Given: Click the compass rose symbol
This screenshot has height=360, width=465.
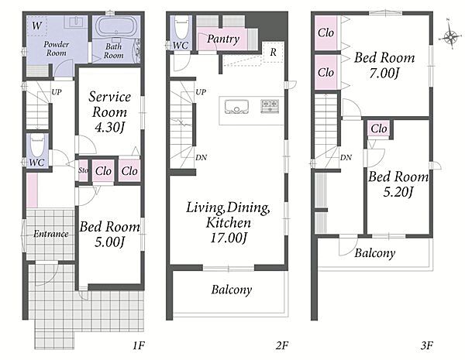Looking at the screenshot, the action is pyautogui.click(x=450, y=36).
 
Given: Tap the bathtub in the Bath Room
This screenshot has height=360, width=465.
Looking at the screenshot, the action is pyautogui.click(x=116, y=26).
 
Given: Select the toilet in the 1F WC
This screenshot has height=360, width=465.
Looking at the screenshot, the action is pyautogui.click(x=37, y=146).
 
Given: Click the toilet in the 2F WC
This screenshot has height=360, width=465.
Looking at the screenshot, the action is pyautogui.click(x=181, y=27).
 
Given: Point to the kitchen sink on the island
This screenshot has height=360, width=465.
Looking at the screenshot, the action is pyautogui.click(x=236, y=107).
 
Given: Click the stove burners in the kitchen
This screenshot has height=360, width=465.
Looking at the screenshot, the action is pyautogui.click(x=270, y=106).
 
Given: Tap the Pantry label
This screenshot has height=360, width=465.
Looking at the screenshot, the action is pyautogui.click(x=223, y=39).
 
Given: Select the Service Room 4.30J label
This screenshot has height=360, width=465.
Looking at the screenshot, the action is pyautogui.click(x=109, y=112).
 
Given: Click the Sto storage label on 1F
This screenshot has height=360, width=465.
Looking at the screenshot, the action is pyautogui.click(x=84, y=170).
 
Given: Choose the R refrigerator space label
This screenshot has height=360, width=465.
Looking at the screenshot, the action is pyautogui.click(x=273, y=52).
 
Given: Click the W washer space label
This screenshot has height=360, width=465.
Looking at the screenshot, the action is pyautogui.click(x=37, y=26).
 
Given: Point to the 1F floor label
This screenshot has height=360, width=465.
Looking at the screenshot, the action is pyautogui.click(x=138, y=345).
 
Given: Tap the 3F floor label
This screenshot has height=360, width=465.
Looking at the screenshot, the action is pyautogui.click(x=426, y=345).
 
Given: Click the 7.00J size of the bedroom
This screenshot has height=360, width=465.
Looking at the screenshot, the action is pyautogui.click(x=384, y=74).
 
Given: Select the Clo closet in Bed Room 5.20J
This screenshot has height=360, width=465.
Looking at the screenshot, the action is pyautogui.click(x=379, y=129).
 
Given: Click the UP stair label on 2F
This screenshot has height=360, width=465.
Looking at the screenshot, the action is pyautogui.click(x=201, y=92).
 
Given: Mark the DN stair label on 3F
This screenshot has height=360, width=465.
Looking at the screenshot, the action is pyautogui.click(x=346, y=158).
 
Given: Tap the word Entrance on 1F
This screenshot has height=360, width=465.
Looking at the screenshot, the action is pyautogui.click(x=50, y=234).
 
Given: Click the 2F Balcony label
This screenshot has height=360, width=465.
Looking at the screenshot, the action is pyautogui.click(x=232, y=290).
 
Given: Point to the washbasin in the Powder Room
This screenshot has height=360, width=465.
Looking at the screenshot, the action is pyautogui.click(x=77, y=22).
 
